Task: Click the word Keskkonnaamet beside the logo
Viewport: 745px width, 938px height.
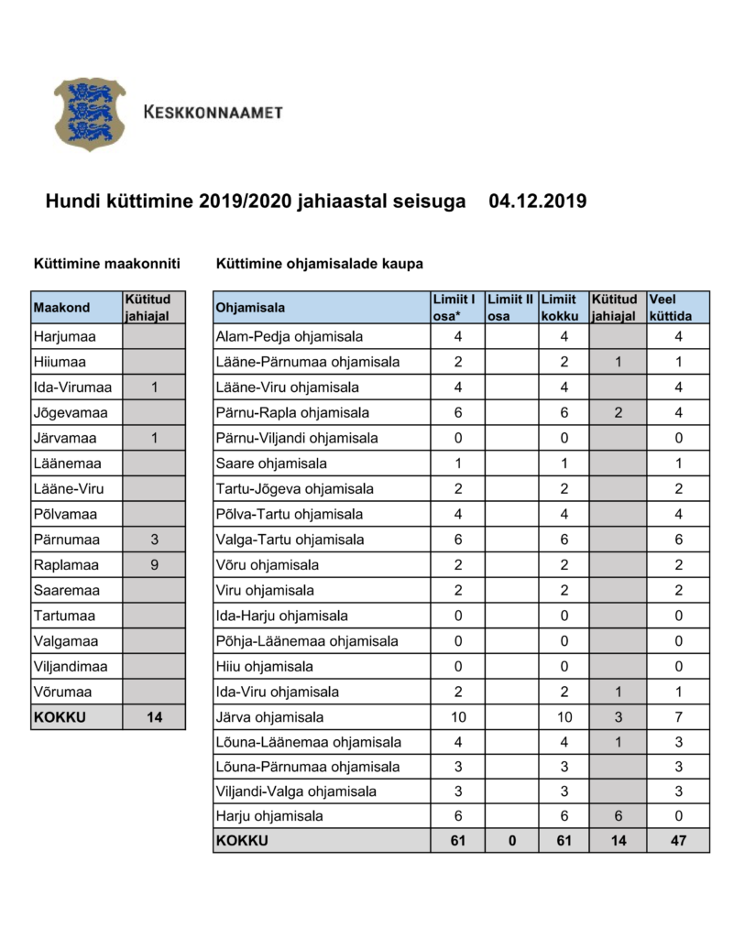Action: pyautogui.click(x=214, y=113)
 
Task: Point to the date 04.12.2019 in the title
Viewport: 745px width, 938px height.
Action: pyautogui.click(x=538, y=201)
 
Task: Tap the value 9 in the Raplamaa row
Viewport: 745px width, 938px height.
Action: pyautogui.click(x=155, y=564)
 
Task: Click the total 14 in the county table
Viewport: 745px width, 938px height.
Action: pyautogui.click(x=155, y=717)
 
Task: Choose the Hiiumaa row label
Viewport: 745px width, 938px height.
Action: pyautogui.click(x=60, y=362)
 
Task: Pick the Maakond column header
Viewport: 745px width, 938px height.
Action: pyautogui.click(x=61, y=308)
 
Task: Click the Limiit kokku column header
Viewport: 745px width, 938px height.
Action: pyautogui.click(x=560, y=307)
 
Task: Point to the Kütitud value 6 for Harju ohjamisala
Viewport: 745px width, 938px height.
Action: pyautogui.click(x=619, y=815)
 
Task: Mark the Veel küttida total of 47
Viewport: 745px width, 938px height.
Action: pyautogui.click(x=677, y=841)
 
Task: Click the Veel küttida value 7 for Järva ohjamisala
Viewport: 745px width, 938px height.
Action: pyautogui.click(x=677, y=717)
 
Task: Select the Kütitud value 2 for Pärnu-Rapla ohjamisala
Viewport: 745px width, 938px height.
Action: pyautogui.click(x=619, y=412)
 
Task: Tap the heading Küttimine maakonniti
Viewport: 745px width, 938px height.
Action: pyautogui.click(x=106, y=265)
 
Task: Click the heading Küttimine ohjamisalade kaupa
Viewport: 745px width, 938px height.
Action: pyautogui.click(x=319, y=265)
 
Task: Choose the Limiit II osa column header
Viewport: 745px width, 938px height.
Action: pyautogui.click(x=510, y=307)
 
